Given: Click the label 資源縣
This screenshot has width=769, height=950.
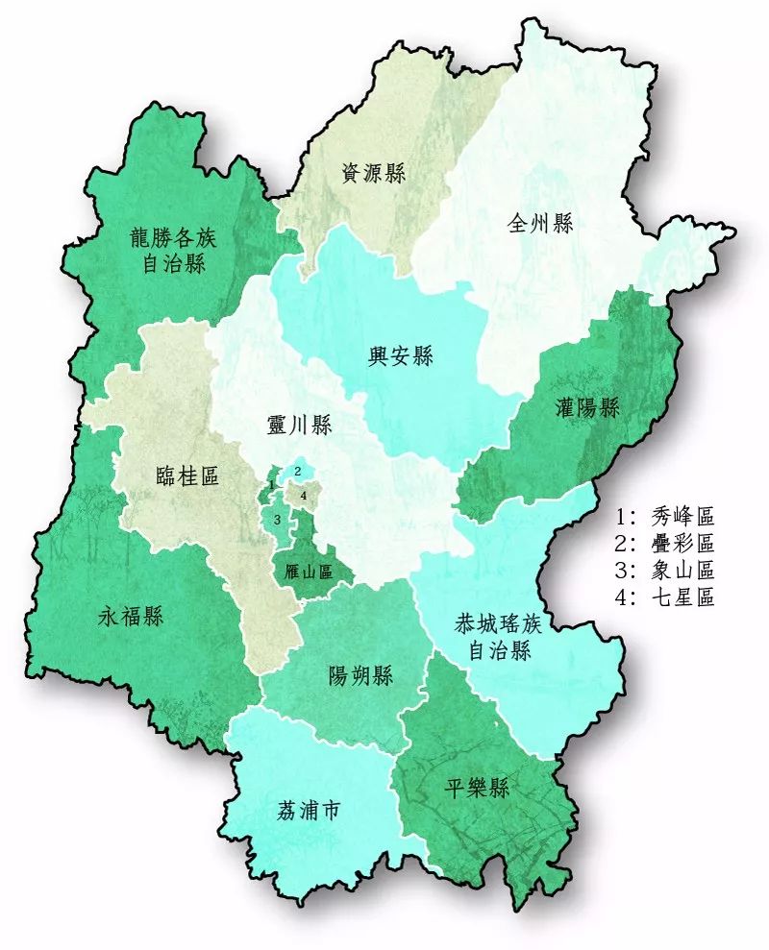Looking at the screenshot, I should [x=374, y=174].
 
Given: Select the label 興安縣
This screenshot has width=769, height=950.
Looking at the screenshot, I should [x=401, y=357].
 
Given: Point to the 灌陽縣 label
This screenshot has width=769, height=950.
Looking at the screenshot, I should [x=587, y=408].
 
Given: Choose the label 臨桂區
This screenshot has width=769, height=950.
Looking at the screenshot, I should [x=187, y=476].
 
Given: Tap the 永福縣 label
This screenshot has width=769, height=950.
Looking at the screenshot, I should [x=131, y=617].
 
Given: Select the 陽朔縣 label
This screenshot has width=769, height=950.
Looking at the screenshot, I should [x=360, y=676].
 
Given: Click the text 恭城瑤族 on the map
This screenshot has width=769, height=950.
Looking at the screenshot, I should [x=499, y=625].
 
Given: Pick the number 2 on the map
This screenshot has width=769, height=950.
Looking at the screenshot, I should [x=299, y=471].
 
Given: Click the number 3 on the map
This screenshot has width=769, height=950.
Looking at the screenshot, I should [x=277, y=519].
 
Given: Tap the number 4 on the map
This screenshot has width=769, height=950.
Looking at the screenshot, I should [x=304, y=496].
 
